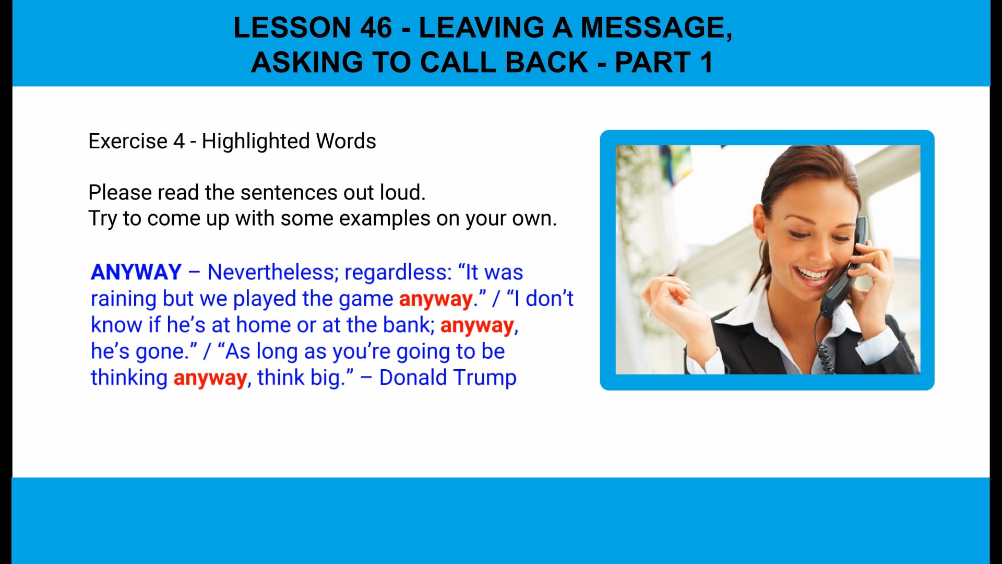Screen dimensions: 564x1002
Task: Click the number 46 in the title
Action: [x=375, y=27]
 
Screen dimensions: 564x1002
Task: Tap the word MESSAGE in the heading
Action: [x=655, y=27]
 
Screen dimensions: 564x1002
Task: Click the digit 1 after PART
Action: [x=706, y=62]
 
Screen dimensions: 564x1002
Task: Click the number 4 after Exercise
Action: [x=178, y=142]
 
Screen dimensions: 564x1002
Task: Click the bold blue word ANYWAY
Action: [x=136, y=272]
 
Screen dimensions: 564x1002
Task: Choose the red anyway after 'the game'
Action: [x=436, y=299]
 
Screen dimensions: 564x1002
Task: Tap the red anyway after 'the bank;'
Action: [x=477, y=325]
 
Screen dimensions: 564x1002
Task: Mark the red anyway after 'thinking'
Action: [x=210, y=378]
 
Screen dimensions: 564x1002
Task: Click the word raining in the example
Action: [x=123, y=299]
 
